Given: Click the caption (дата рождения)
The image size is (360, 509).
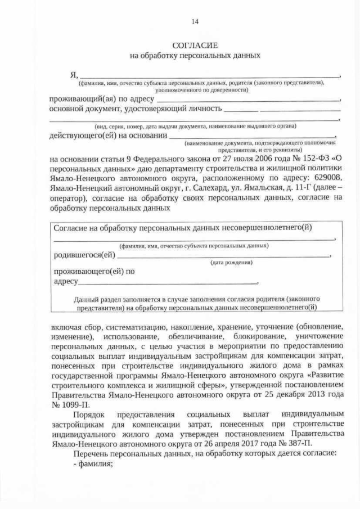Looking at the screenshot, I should pyautogui.click(x=231, y=263).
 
